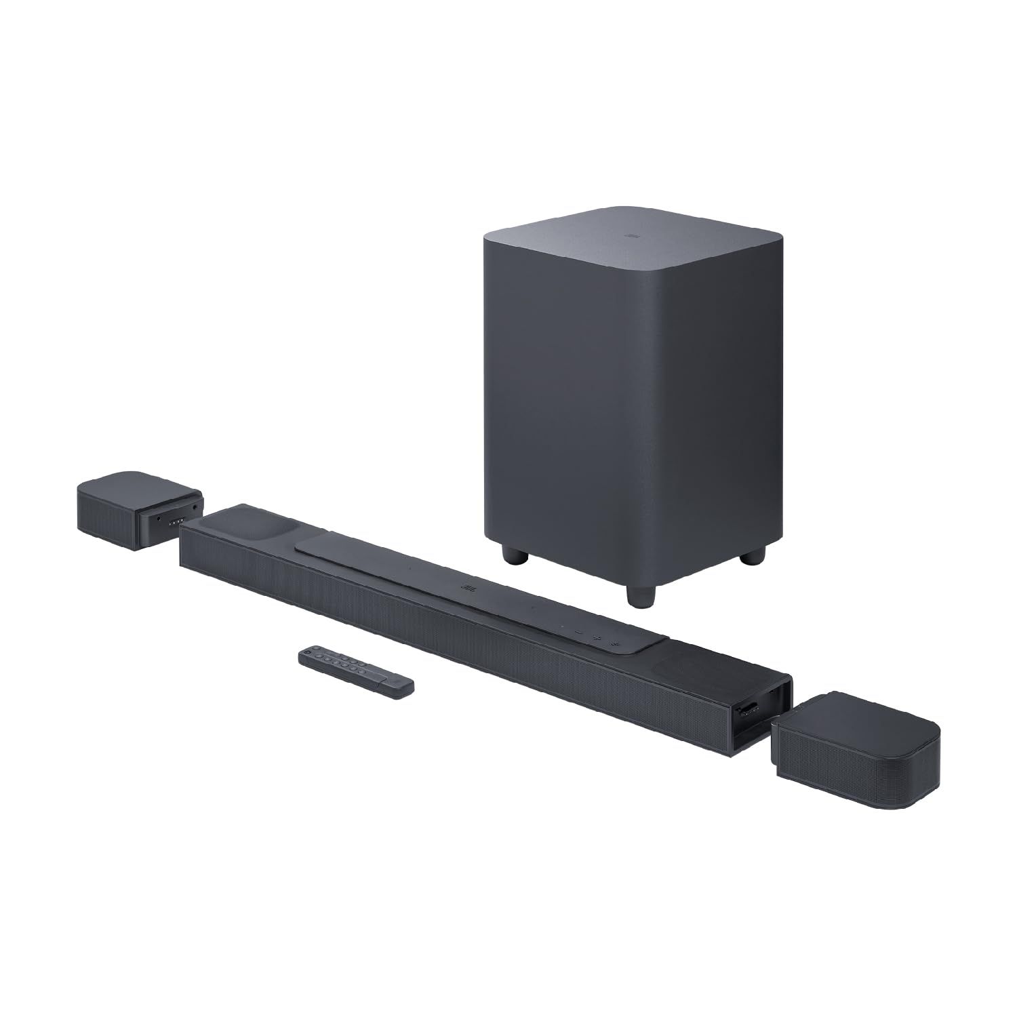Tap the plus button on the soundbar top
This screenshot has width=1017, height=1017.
597,638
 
